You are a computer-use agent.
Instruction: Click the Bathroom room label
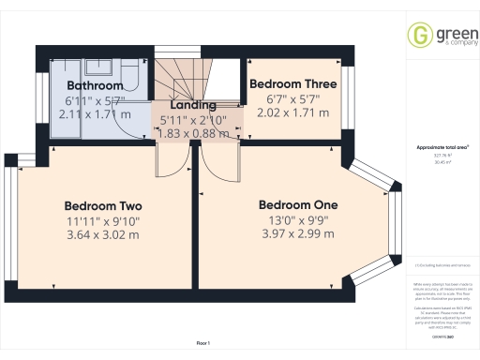[94, 85]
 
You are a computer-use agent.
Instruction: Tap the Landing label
[193, 106]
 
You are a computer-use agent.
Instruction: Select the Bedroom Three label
[293, 83]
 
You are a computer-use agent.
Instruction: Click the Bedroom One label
[297, 205]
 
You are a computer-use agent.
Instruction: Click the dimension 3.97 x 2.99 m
[297, 233]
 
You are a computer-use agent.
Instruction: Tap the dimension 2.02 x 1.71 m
[293, 112]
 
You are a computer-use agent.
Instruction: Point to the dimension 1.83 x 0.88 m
[193, 133]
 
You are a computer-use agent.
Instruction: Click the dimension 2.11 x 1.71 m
[94, 113]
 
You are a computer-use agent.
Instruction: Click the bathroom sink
[97, 67]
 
